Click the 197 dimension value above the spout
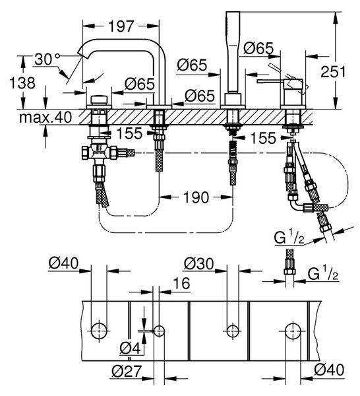click(121, 26)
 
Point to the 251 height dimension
click(333, 72)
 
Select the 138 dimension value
click(22, 83)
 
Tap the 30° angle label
click(47, 59)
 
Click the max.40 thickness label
click(45, 117)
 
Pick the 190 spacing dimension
click(196, 197)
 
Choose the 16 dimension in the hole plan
click(181, 283)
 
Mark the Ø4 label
click(130, 349)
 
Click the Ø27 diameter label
click(126, 371)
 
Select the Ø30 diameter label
click(199, 264)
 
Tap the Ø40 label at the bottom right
click(329, 370)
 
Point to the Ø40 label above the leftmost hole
click(63, 264)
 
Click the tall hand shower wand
click(233, 52)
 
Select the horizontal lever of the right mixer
click(270, 81)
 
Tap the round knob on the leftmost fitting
click(99, 100)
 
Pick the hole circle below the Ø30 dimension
click(233, 331)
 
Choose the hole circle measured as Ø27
click(159, 331)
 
